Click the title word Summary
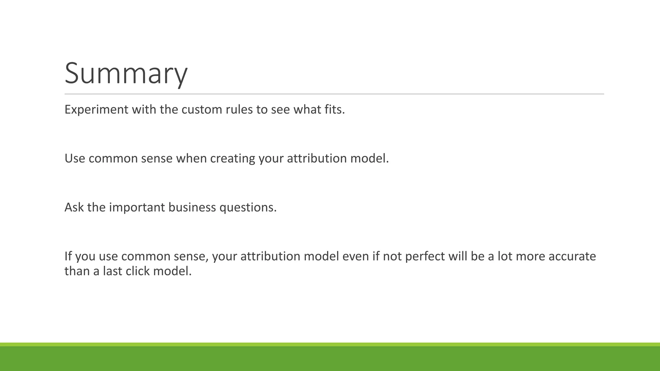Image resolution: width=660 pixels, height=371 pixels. (126, 73)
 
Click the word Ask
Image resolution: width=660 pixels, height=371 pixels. (74, 207)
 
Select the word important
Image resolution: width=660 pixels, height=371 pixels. (137, 207)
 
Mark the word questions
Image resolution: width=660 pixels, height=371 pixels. (248, 207)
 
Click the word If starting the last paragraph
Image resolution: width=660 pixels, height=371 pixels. (68, 256)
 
